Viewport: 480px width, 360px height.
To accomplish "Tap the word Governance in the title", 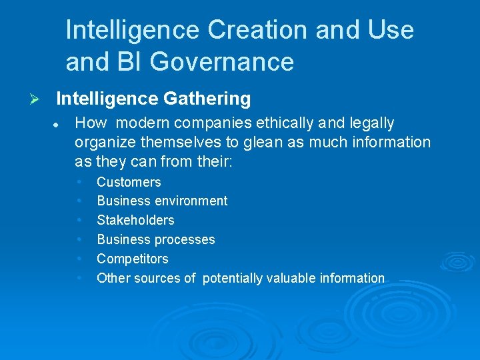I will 222,62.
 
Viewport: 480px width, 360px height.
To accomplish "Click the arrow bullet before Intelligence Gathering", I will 37,99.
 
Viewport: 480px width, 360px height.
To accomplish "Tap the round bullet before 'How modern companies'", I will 58,124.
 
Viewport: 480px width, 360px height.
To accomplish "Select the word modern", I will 143,123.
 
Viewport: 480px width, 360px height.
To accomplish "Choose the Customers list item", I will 129,182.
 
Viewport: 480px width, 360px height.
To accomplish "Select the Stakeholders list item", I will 135,220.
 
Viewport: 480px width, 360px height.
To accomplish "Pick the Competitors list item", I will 133,259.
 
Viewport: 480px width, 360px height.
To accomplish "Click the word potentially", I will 233,278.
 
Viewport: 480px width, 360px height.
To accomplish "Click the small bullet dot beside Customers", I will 80,181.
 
